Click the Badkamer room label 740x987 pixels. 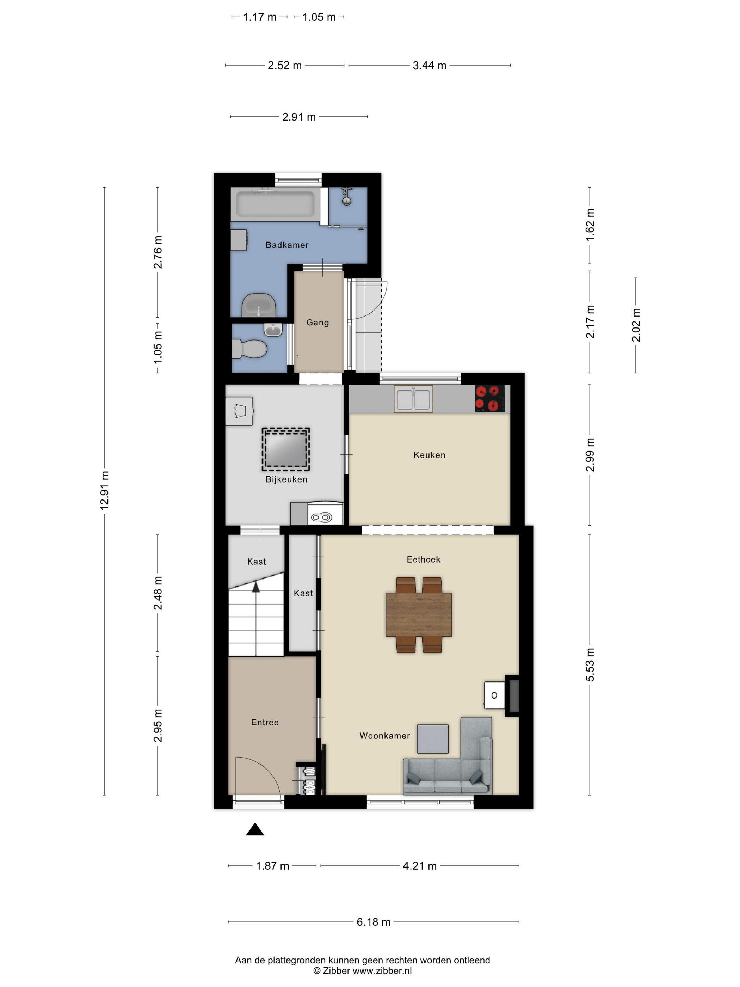point(287,245)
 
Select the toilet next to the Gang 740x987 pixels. point(249,349)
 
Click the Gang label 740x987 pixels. point(317,323)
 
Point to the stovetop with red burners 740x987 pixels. point(490,398)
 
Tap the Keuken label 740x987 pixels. point(429,455)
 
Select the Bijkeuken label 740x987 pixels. point(286,480)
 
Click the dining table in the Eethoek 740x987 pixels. point(418,614)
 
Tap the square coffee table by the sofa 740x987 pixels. point(433,739)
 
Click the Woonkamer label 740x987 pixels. point(384,736)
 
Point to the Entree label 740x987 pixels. point(265,722)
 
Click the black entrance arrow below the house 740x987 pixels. point(255,829)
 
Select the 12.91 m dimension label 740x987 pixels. point(104,490)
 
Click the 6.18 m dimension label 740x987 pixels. point(373,922)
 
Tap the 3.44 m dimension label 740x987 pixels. point(429,66)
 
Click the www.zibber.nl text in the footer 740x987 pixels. point(382,970)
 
